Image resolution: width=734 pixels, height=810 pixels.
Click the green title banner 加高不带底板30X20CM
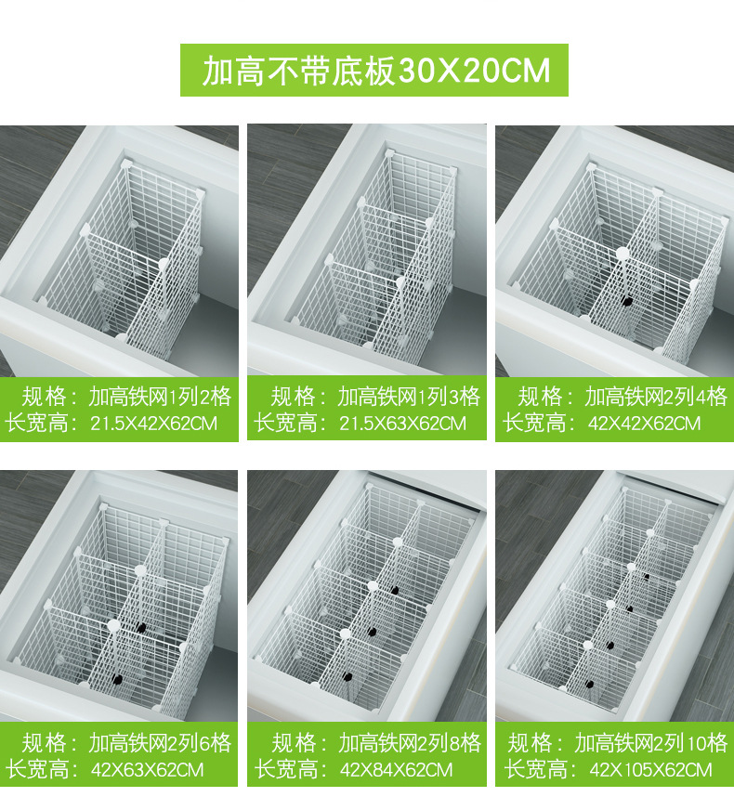[x=374, y=70]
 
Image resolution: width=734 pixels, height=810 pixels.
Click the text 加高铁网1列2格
[x=160, y=398]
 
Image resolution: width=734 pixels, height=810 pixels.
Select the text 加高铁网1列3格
[x=409, y=398]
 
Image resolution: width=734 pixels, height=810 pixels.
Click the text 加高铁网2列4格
[x=656, y=398]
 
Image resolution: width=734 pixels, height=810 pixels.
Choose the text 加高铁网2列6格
[x=160, y=743]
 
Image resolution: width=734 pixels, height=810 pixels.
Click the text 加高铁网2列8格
[x=410, y=743]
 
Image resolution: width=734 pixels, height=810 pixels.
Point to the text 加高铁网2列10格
[x=651, y=743]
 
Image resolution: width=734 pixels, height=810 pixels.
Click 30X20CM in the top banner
[x=474, y=70]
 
